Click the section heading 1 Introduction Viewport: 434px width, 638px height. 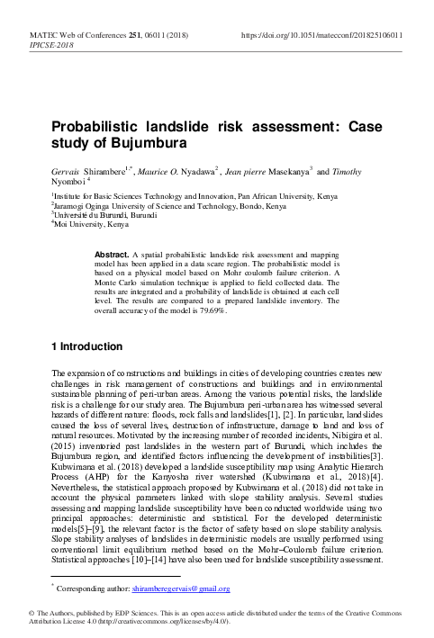86,346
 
